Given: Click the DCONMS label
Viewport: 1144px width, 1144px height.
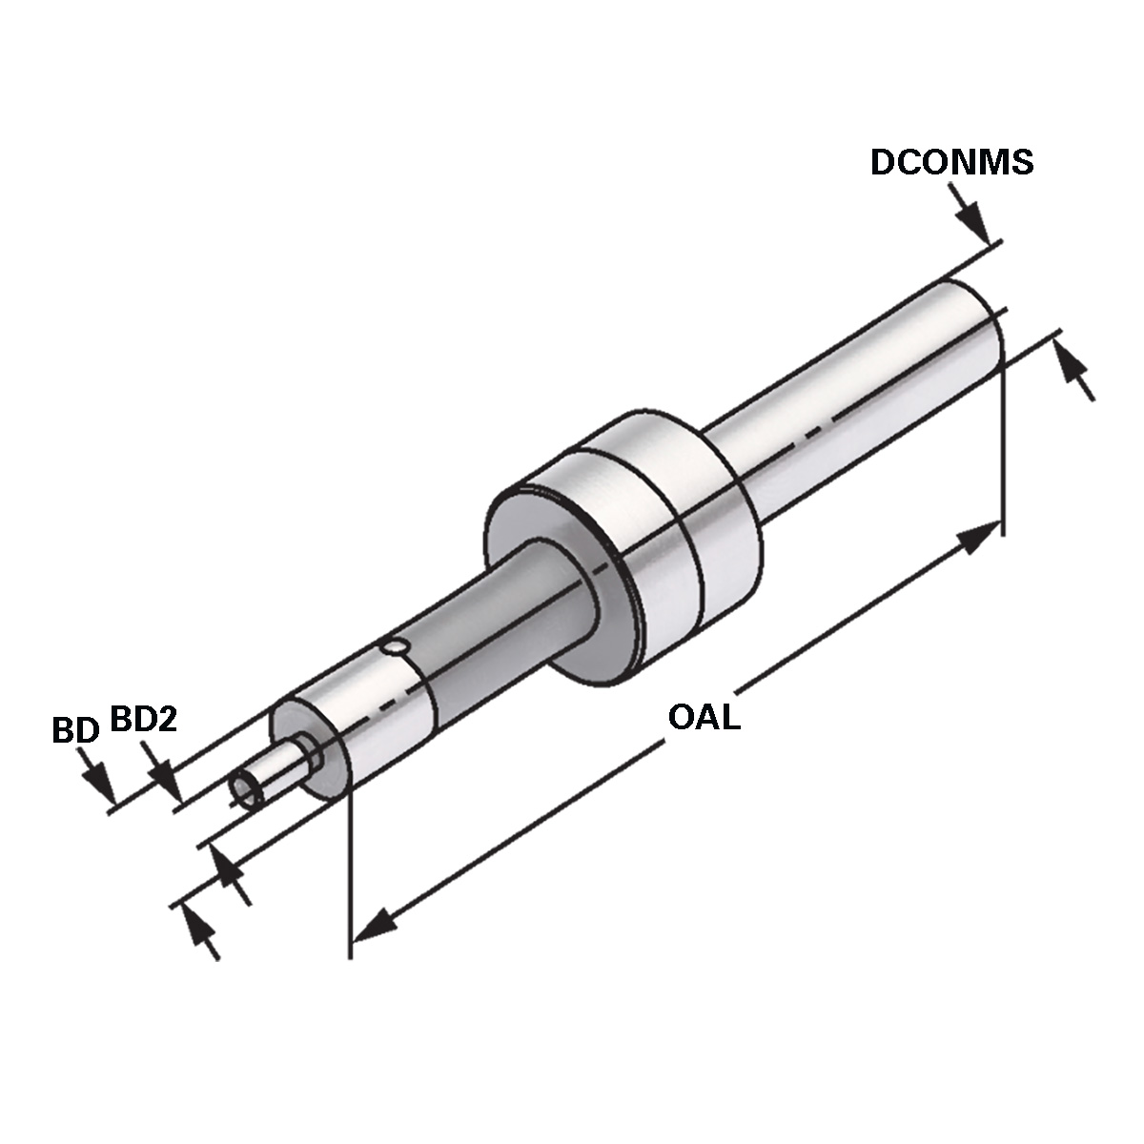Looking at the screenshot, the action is coord(951,161).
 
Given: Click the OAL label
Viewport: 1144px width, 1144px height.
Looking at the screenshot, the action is coord(705,717).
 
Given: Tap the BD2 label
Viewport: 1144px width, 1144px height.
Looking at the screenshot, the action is coord(144,720).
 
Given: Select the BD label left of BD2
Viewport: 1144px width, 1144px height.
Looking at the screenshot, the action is coord(75,730).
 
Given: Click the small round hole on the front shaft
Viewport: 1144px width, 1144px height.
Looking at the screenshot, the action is coord(393,646).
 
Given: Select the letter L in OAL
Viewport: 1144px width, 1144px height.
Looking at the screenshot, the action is coord(731,717).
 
